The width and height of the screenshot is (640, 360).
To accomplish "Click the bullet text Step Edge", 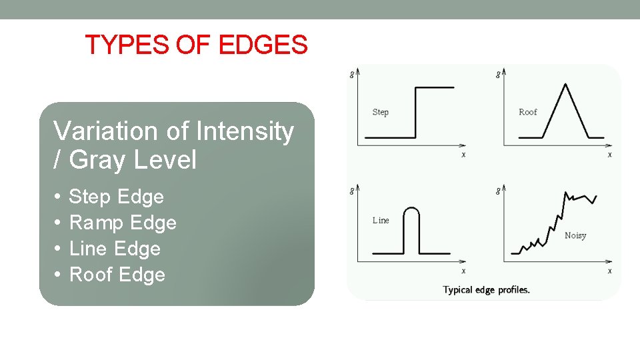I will point(117,197).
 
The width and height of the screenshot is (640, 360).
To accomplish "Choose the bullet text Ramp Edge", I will point(123,223).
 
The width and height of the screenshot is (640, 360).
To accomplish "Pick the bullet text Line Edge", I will point(115,249).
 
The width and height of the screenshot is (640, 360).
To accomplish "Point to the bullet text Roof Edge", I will point(117,275).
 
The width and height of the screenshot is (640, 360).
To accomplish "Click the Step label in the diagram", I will point(380,112).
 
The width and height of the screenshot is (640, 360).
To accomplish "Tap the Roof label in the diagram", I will point(527,112).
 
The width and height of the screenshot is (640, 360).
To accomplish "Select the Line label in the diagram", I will point(381,220).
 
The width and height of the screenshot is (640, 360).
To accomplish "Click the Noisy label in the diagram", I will point(575,235).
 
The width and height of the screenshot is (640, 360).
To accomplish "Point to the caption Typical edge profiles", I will point(487,290).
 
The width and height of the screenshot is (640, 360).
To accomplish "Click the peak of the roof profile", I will point(565,85).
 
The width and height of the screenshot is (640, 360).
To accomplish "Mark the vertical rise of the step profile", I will point(415,112).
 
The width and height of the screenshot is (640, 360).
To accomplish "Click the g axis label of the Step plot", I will point(352,74).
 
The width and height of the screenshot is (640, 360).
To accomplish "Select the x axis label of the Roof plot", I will point(609,155).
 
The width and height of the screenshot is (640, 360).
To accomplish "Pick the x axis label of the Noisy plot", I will point(609,271).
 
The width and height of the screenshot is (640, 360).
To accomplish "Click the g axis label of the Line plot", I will point(352,191).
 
